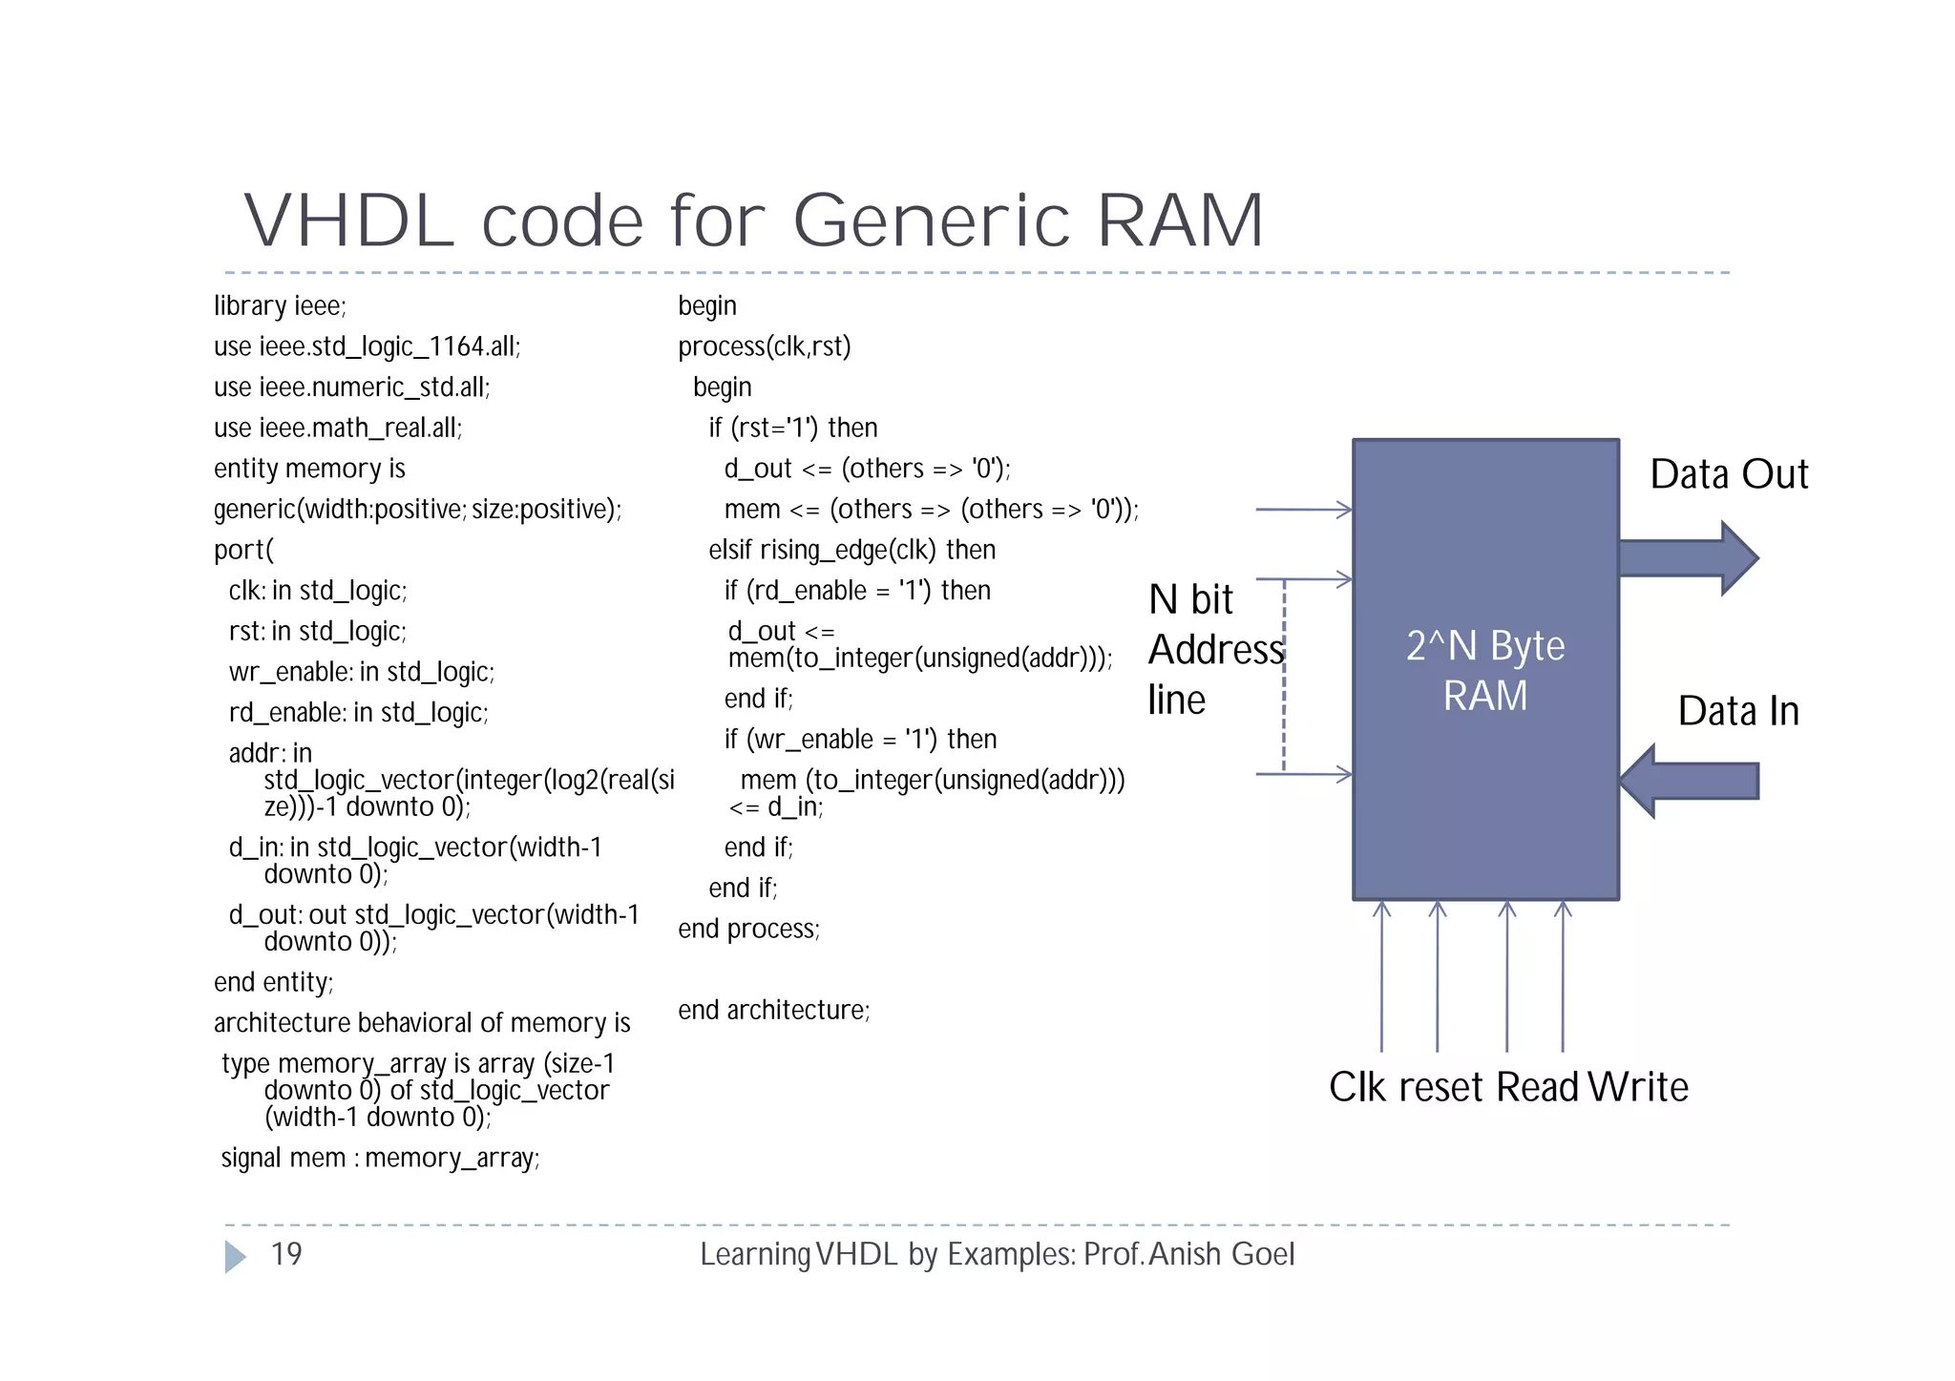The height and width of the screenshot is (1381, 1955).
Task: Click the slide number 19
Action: click(286, 1254)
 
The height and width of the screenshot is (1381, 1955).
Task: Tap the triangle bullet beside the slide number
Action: click(234, 1257)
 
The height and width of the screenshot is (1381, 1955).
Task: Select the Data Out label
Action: click(1729, 474)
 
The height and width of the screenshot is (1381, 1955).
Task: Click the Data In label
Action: click(1738, 711)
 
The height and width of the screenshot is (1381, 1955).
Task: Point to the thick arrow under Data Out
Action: click(1688, 558)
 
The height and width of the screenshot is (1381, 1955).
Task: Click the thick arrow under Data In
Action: click(1690, 781)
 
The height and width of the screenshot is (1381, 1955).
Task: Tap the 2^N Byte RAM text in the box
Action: click(1485, 671)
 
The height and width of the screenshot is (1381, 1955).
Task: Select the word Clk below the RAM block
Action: click(1358, 1087)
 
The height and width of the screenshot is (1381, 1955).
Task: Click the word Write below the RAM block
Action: click(1639, 1087)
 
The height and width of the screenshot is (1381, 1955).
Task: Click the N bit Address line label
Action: click(1214, 650)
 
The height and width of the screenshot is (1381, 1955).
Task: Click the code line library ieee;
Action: click(280, 306)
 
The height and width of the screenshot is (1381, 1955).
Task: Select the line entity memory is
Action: click(309, 469)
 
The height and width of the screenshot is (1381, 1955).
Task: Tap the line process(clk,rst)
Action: click(764, 346)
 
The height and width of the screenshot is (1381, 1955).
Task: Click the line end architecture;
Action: click(773, 1010)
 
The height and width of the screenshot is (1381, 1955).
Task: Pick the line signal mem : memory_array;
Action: click(380, 1158)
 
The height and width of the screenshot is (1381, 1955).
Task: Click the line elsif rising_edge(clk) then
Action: click(851, 550)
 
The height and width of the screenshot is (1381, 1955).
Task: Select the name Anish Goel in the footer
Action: click(1222, 1254)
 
